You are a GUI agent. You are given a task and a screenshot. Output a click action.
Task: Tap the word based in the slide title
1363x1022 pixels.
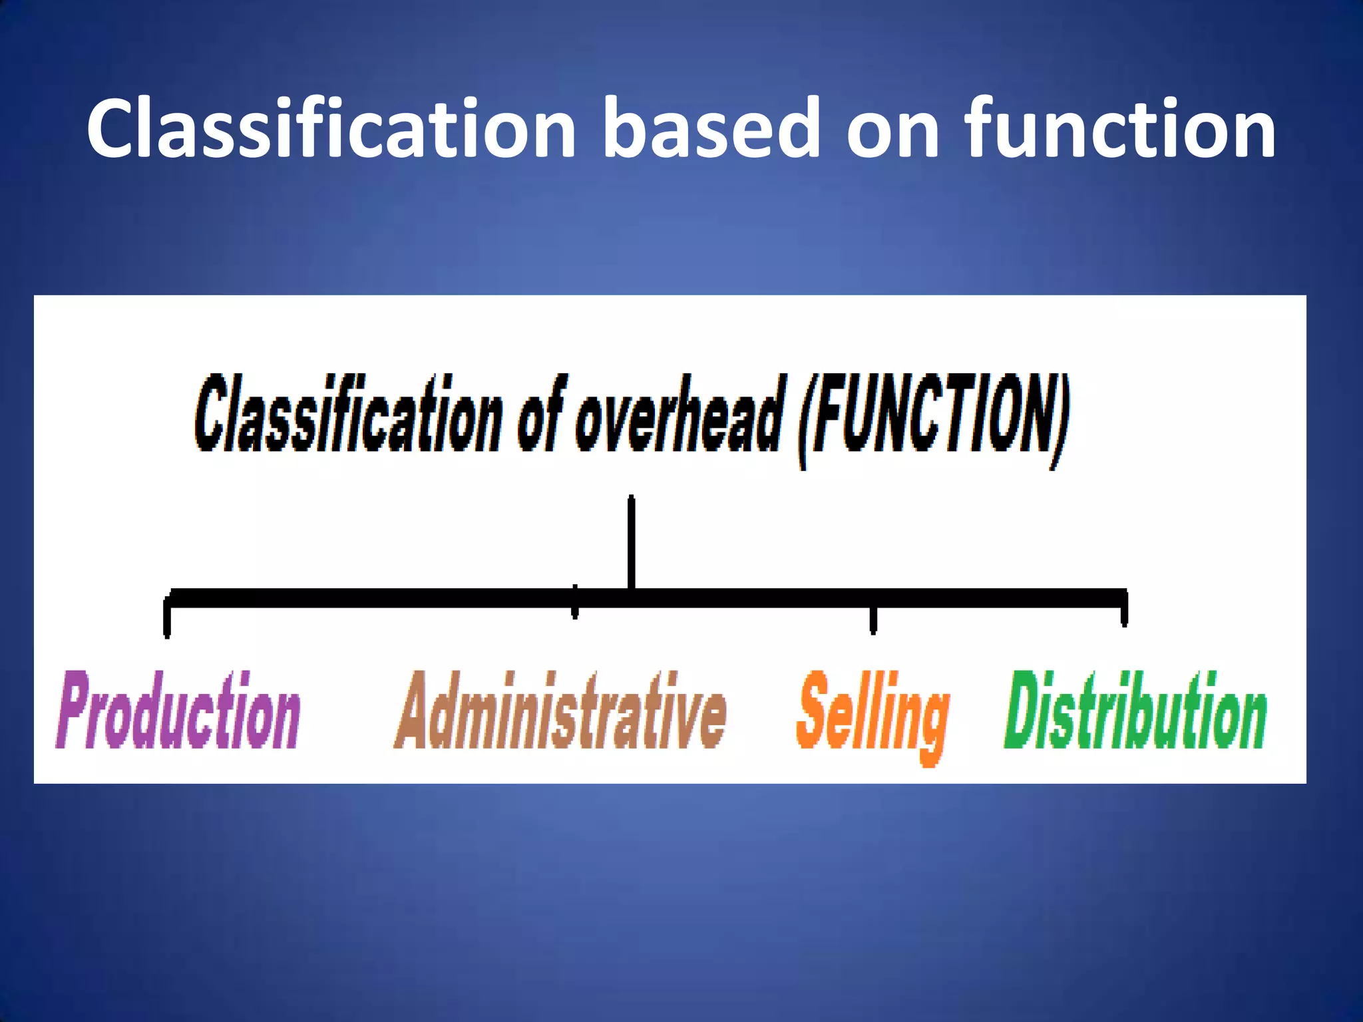710,128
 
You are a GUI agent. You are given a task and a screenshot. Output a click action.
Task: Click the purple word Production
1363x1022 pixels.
178,711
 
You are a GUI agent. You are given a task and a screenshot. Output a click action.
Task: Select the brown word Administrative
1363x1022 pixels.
560,711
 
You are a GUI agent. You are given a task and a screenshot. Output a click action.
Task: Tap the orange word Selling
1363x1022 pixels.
873,715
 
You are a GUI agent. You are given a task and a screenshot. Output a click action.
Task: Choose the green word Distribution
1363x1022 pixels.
1135,711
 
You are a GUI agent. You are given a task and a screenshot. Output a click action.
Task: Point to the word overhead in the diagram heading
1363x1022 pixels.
678,415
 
